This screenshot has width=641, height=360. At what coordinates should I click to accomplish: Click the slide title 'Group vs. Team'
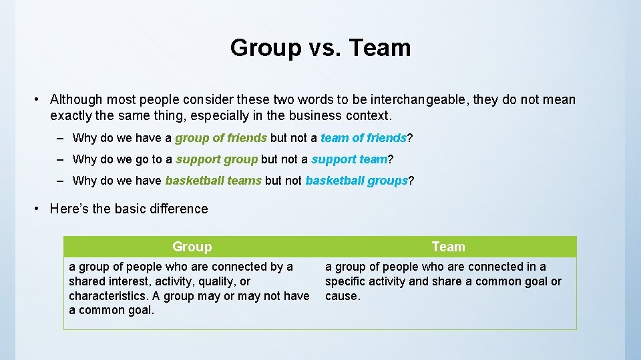coord(320,48)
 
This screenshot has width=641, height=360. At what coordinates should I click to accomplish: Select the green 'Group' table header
coord(192,247)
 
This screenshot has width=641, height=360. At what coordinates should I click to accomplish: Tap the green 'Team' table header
coord(448,247)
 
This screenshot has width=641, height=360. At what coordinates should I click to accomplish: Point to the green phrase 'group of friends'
coord(221,138)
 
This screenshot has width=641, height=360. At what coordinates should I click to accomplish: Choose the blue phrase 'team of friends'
coord(363,138)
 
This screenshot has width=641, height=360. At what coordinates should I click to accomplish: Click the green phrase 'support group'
coord(216,159)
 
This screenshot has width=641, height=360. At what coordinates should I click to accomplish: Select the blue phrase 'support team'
coord(349,159)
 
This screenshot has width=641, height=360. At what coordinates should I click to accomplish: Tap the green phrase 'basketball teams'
coord(213,181)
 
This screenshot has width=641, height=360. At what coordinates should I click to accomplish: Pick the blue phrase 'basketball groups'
coord(356,181)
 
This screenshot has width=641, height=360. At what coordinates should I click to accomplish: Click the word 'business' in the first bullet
coord(317,116)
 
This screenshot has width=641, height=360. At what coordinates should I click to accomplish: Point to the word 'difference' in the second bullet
coord(176,209)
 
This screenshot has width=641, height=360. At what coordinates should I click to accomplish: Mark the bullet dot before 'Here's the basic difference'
coord(37,209)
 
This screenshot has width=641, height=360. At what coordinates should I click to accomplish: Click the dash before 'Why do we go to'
coord(60,159)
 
